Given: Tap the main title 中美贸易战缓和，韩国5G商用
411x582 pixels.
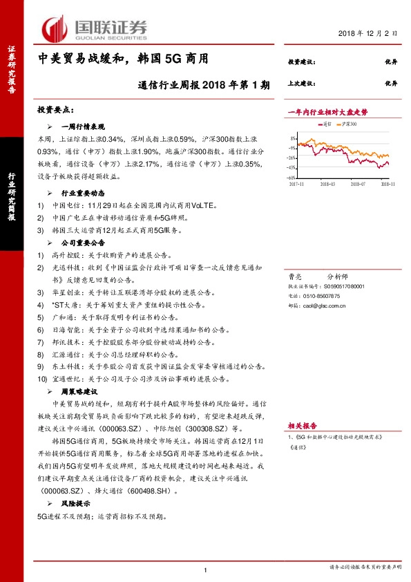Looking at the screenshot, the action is coord(122,60).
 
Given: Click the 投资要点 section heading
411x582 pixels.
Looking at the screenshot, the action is coord(56,111).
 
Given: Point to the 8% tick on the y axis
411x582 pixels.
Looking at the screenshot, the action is coord(293,138).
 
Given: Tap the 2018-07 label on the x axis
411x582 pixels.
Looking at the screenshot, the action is coord(357,184).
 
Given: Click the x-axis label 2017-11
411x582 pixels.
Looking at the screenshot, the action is coord(298,184).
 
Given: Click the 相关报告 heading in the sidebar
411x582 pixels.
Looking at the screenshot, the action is coord(302,426).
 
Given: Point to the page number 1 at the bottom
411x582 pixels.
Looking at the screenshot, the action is coord(206,570).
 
